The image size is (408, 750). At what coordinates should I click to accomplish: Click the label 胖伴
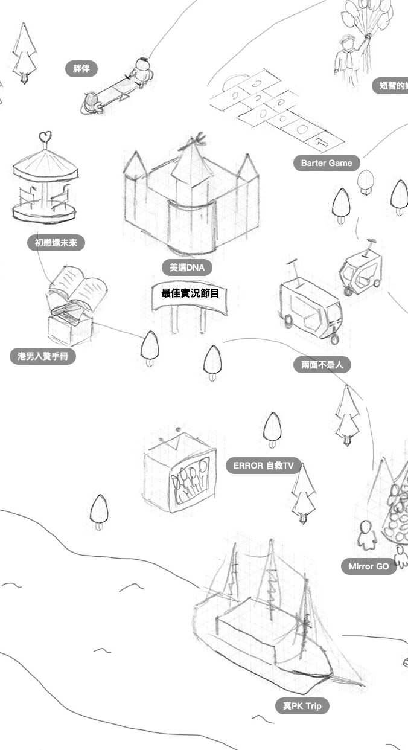point(81,69)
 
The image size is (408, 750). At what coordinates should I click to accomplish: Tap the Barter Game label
point(327,163)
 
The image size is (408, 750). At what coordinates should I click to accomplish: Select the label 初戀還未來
point(56,243)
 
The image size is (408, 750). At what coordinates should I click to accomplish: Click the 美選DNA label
point(187,268)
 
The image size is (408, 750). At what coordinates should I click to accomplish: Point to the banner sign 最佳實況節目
point(190,294)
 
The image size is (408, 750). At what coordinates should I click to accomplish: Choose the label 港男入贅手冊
point(43,357)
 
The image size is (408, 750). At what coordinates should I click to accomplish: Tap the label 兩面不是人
point(322,365)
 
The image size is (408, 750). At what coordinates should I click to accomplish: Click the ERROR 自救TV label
point(263,466)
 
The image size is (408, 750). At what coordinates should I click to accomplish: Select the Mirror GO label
point(368,566)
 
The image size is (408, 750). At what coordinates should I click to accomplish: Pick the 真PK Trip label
point(302,706)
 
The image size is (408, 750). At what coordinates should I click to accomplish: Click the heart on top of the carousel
point(45,137)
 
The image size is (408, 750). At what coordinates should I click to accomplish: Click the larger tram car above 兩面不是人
point(310,305)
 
